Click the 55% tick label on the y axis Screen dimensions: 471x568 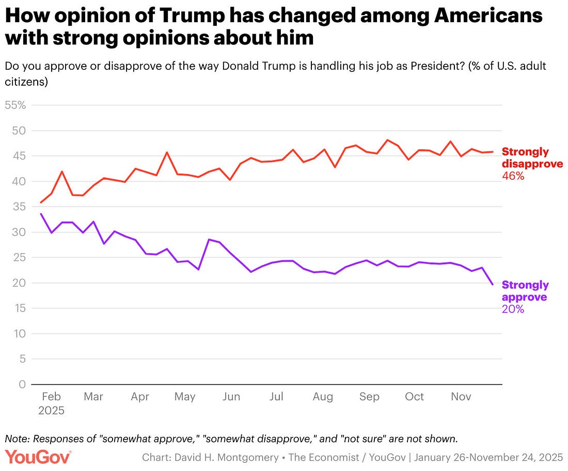(x=15, y=105)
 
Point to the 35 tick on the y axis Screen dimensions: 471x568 (x=19, y=207)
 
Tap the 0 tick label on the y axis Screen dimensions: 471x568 (x=22, y=384)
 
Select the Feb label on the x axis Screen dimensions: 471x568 (x=51, y=397)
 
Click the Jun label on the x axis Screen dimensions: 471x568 (x=231, y=397)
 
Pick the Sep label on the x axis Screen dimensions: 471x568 (x=369, y=397)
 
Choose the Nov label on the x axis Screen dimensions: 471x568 (x=461, y=397)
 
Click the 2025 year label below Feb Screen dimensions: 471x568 (x=51, y=411)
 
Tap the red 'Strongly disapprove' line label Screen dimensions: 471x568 (x=532, y=158)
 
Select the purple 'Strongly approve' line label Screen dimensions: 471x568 (x=525, y=291)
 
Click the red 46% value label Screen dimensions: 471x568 (x=513, y=176)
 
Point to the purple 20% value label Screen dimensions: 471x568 (x=513, y=309)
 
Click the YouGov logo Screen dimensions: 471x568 (x=38, y=457)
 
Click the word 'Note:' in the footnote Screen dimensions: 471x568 (x=17, y=438)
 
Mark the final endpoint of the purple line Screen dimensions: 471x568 (x=493, y=285)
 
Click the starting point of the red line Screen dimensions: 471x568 (x=41, y=202)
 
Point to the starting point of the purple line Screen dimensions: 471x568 (x=41, y=213)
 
